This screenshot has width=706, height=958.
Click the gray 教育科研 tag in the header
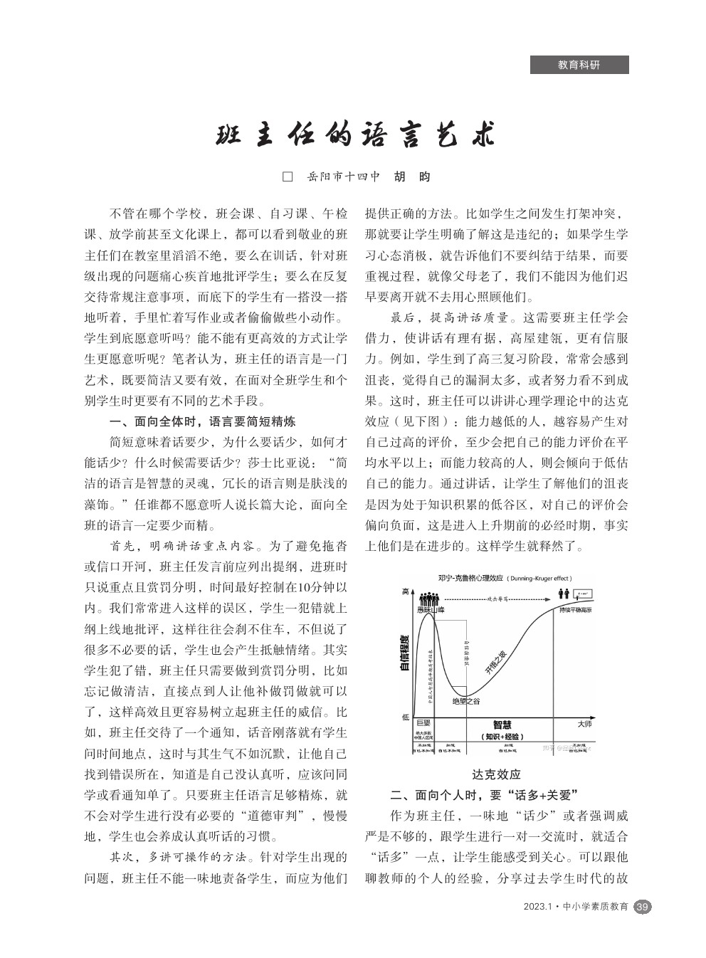pyautogui.click(x=579, y=65)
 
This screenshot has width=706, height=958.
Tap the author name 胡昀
pyautogui.click(x=412, y=177)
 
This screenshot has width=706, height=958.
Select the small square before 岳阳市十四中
pyautogui.click(x=288, y=177)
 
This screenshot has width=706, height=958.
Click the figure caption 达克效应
pyautogui.click(x=496, y=774)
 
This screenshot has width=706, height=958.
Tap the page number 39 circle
pyautogui.click(x=642, y=907)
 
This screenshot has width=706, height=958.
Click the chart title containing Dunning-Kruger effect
pyautogui.click(x=505, y=578)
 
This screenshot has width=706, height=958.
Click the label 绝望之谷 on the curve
pyautogui.click(x=466, y=701)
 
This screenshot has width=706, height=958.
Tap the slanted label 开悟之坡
pyautogui.click(x=495, y=662)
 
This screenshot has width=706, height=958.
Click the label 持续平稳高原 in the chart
pyautogui.click(x=576, y=610)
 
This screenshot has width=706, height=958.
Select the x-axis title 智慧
pyautogui.click(x=502, y=725)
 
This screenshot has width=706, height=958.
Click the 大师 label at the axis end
pyautogui.click(x=584, y=724)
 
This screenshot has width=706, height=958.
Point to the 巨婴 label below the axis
pyautogui.click(x=423, y=723)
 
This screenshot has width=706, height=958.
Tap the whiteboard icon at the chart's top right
pyautogui.click(x=584, y=594)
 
